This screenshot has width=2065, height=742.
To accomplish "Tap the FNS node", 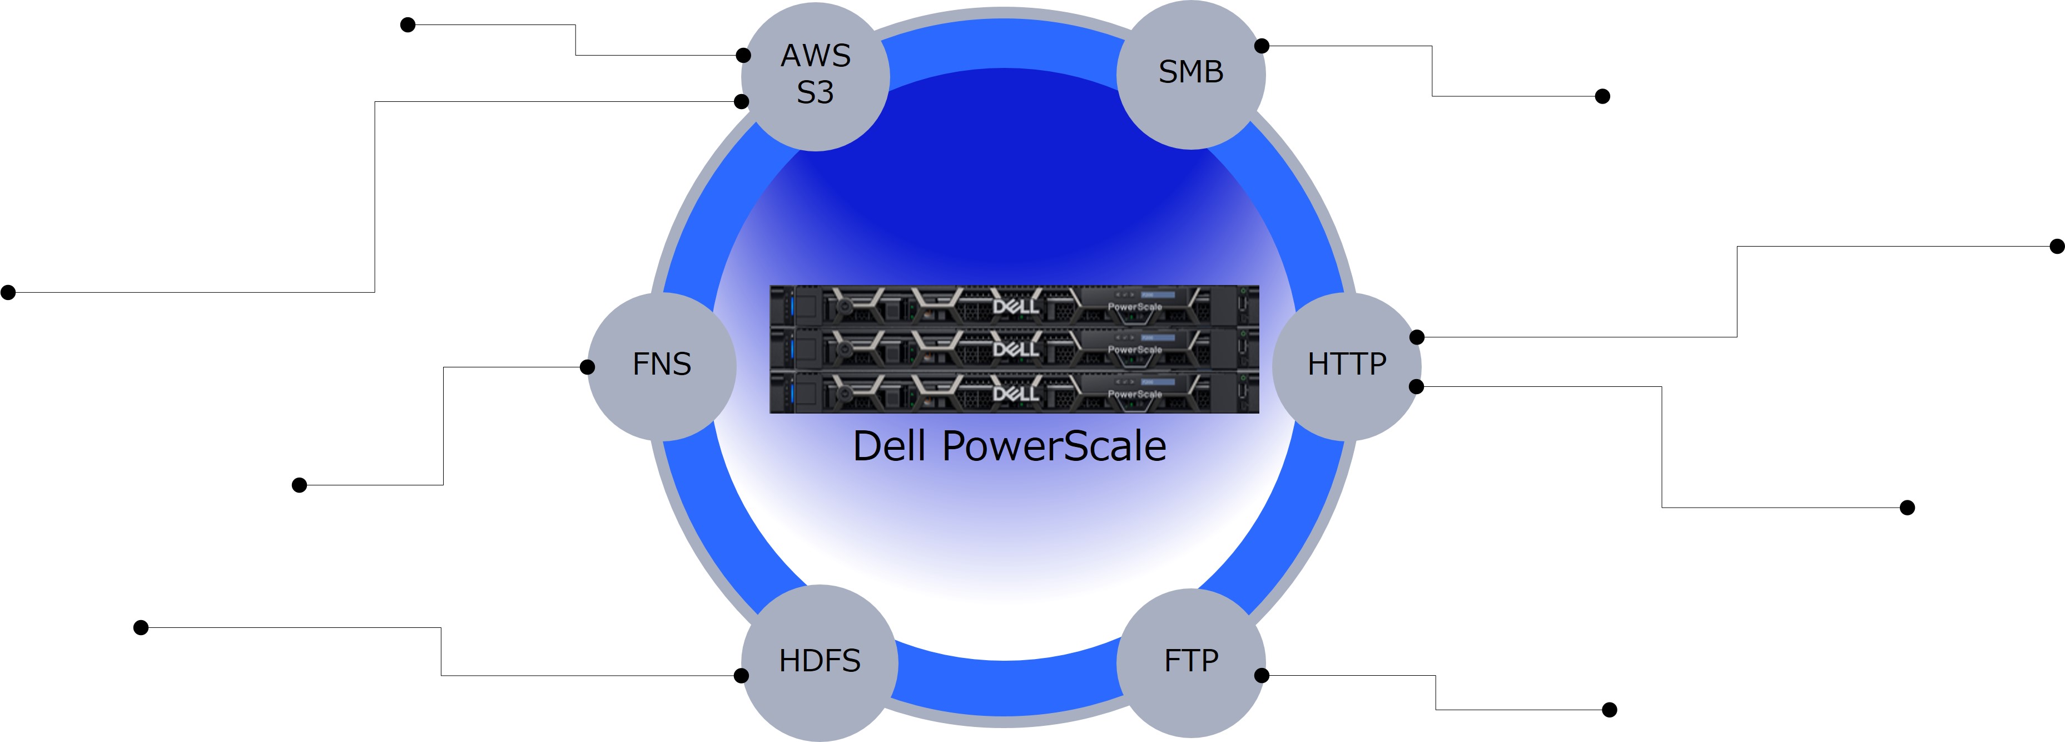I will point(662,365).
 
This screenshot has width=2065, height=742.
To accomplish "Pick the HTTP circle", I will point(1347,365).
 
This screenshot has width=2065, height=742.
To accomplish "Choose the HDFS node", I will point(819,662).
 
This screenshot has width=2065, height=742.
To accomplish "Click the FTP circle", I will point(1191,662).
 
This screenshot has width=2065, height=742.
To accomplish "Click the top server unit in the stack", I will point(1014,306).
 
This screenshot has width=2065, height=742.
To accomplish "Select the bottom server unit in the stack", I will point(1014,392).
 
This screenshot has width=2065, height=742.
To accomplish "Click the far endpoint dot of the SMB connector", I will point(1602,96).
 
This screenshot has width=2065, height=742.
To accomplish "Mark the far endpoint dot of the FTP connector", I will point(1609,710).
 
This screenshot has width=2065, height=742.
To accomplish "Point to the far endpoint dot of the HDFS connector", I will point(141,627).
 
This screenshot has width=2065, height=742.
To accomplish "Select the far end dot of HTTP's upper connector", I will point(2057,246).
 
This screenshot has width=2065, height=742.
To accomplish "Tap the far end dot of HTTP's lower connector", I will point(1907,508).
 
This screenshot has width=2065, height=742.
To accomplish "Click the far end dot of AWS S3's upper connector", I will point(408,25).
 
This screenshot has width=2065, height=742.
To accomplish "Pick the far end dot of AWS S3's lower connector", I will point(8,293).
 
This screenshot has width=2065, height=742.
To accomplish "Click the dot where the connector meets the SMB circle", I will point(1262,46).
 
